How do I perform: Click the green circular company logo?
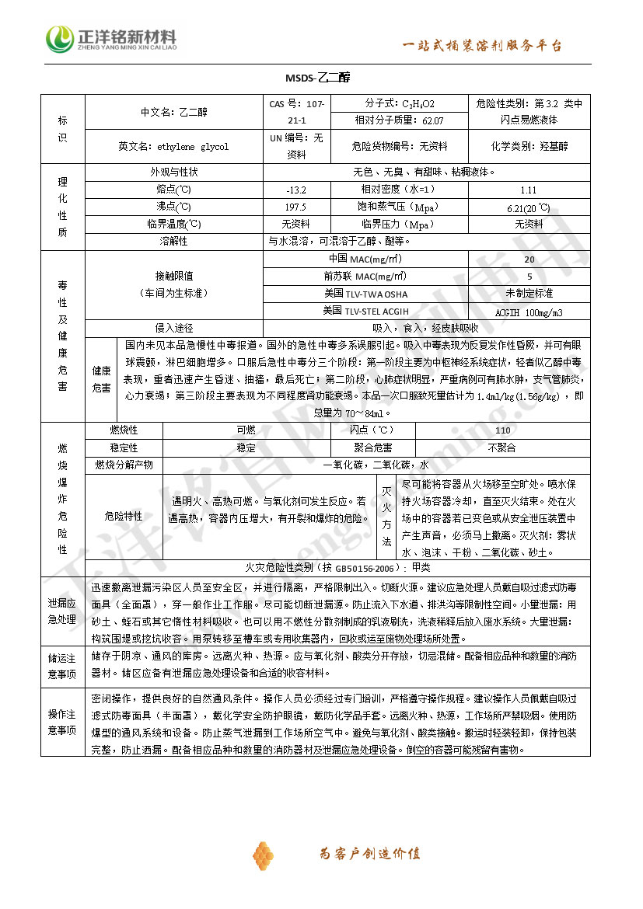pos(59,39)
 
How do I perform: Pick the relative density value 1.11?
pos(529,190)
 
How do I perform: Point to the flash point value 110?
pos(502,430)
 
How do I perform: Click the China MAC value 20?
pos(529,259)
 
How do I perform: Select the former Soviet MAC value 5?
pos(529,277)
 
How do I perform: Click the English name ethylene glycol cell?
pos(173,146)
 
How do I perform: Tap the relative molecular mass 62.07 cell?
pos(399,120)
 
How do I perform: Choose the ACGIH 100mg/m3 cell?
pos(529,312)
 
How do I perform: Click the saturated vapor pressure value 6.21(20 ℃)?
pos(529,207)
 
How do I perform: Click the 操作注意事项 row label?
pos(62,722)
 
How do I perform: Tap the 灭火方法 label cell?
pos(387,517)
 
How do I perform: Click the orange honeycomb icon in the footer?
pos(263,854)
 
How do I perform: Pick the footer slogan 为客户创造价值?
pos(370,854)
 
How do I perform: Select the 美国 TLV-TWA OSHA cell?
pos(365,294)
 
